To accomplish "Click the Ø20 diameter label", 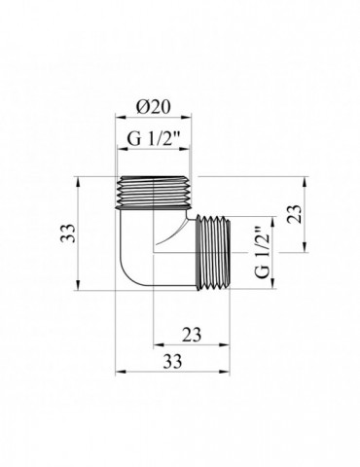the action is (153, 107).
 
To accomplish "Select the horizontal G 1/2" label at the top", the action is (153, 139).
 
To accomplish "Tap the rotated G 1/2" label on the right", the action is (263, 253).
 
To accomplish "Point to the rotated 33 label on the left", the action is (68, 233).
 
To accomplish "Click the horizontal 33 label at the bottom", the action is (172, 361).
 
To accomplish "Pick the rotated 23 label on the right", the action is (295, 214).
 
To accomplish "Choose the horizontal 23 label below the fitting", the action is (192, 335).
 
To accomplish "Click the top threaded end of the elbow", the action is (153, 192).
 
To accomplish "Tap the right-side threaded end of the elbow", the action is (213, 253).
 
